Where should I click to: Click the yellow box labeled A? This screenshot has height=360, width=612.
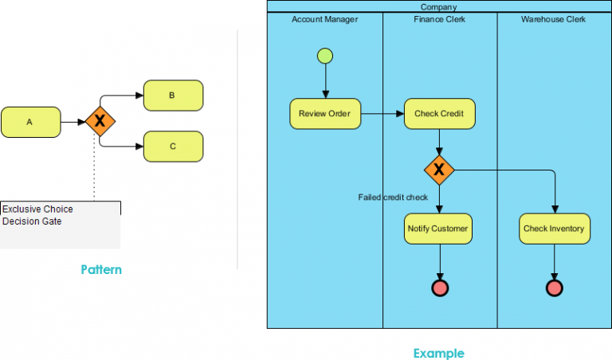tap(30, 122)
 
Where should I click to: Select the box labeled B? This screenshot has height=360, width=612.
tap(173, 96)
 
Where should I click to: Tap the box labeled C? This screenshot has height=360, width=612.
tap(173, 147)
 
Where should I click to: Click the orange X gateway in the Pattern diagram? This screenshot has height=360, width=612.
tap(100, 121)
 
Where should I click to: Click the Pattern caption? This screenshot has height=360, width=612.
tap(101, 269)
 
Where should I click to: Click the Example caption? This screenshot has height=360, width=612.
tap(437, 353)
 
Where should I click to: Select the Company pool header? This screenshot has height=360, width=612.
tap(438, 7)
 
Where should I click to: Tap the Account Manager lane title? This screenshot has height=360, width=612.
tap(324, 19)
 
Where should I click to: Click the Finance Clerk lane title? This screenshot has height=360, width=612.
tap(439, 19)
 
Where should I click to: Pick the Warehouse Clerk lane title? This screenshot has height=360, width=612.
tap(553, 19)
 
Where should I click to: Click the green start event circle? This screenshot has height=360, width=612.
tap(325, 56)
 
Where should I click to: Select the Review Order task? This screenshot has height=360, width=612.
tap(324, 114)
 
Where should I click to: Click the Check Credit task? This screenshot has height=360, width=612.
tap(439, 114)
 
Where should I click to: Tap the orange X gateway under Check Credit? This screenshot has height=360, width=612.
tap(439, 169)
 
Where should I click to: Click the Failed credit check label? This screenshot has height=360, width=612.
tap(393, 197)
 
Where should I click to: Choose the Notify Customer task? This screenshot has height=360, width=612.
tap(439, 229)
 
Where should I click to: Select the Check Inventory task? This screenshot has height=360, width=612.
tap(554, 229)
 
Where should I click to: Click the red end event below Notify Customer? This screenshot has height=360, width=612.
tap(439, 288)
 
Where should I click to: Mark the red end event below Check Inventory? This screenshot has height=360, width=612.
tap(554, 288)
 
